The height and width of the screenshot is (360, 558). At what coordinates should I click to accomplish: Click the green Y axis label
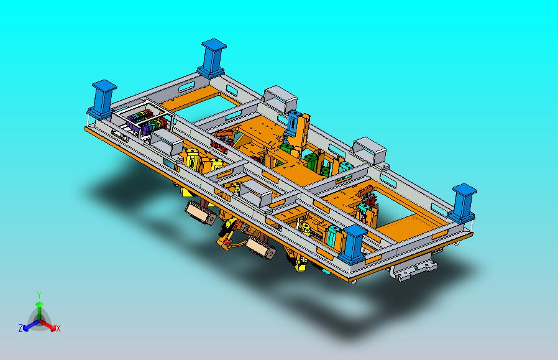[40, 295]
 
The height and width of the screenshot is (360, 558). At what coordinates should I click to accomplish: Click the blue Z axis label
[21, 328]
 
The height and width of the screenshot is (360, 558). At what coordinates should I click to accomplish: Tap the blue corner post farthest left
[103, 99]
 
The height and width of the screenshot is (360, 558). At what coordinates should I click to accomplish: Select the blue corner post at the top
[212, 58]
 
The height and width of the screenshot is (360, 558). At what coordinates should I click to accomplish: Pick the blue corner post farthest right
[463, 203]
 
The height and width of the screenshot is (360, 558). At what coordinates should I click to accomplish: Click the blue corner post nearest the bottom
[353, 244]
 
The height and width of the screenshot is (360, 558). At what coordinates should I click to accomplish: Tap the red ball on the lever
[226, 242]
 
